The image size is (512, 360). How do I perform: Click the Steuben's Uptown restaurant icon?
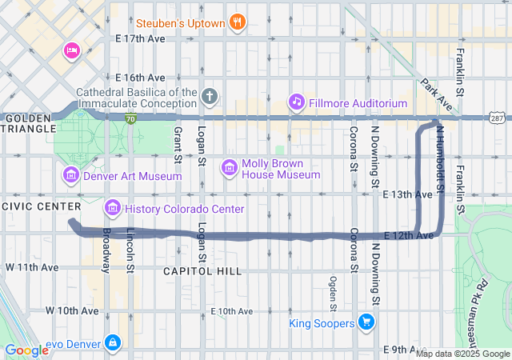pyautogui.click(x=237, y=23)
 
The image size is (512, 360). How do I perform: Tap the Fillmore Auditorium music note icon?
pyautogui.click(x=297, y=102)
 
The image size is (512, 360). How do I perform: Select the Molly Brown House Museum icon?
pyautogui.click(x=230, y=166)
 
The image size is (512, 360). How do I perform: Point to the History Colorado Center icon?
pyautogui.click(x=112, y=209)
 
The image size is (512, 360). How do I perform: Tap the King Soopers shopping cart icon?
pyautogui.click(x=367, y=322)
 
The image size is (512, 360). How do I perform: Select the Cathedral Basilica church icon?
pyautogui.click(x=210, y=97)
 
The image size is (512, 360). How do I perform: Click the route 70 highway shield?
pyautogui.click(x=130, y=118)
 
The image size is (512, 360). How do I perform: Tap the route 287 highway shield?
pyautogui.click(x=498, y=118)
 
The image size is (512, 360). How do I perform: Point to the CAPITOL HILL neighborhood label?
pyautogui.click(x=202, y=271)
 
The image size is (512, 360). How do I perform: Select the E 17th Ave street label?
pyautogui.click(x=140, y=38)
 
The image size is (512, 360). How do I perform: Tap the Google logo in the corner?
pyautogui.click(x=27, y=350)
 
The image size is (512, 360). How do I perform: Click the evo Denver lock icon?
pyautogui.click(x=112, y=343)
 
